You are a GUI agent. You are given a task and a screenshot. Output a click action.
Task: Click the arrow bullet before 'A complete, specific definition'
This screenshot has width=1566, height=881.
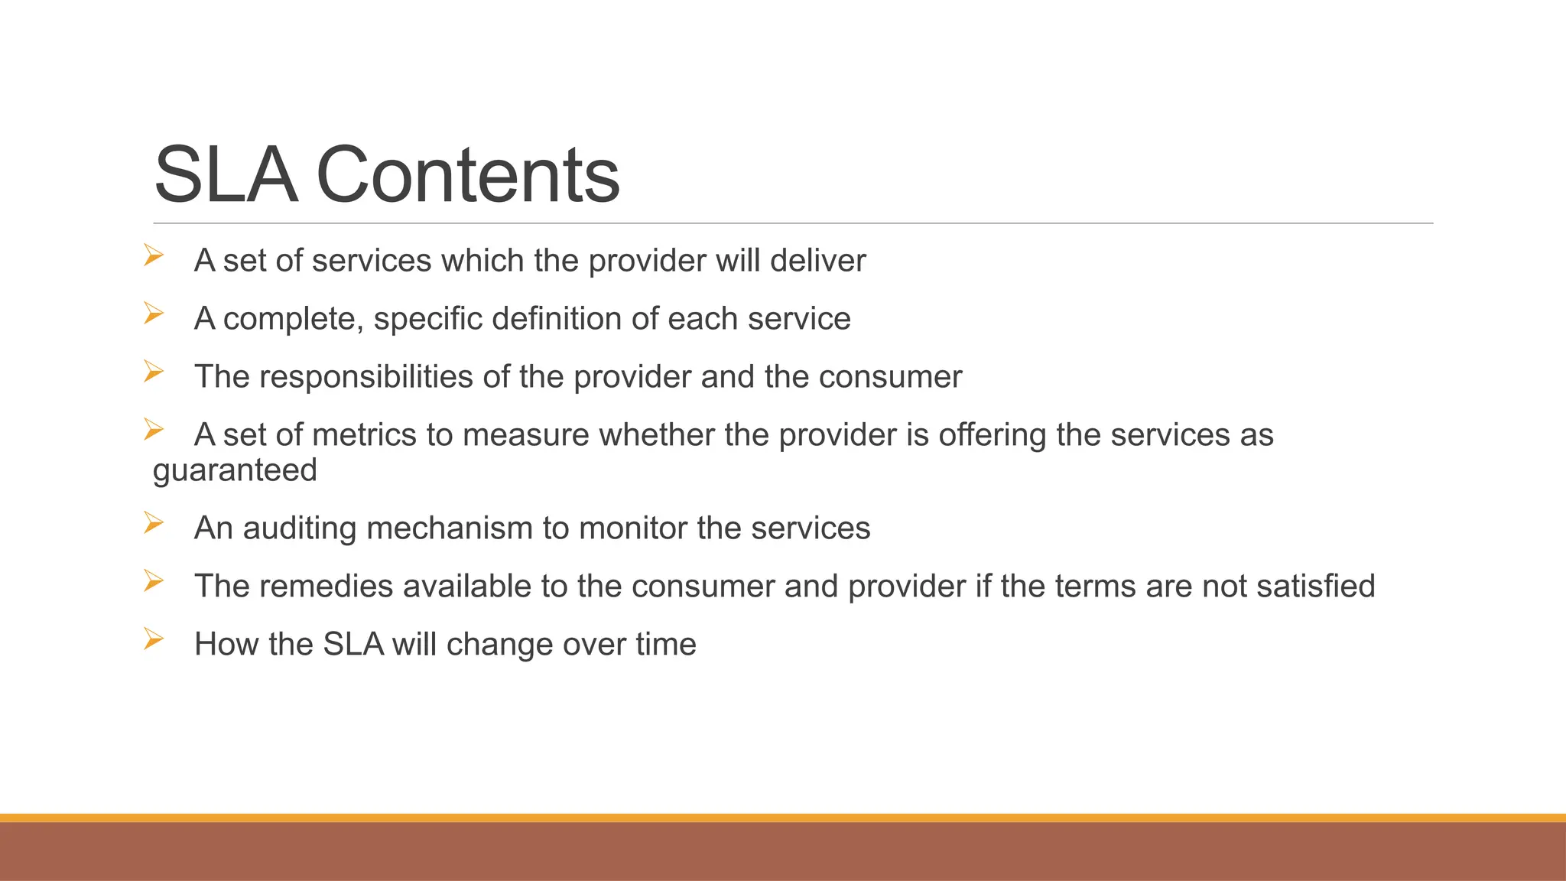point(154,314)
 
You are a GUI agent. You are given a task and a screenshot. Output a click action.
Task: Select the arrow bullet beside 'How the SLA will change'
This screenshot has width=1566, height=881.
point(154,639)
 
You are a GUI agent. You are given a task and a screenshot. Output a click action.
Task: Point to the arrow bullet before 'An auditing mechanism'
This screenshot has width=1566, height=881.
point(154,523)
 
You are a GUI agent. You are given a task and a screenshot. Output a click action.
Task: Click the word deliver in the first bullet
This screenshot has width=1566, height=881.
point(817,261)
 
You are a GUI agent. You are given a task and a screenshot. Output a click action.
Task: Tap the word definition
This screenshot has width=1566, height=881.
point(561,319)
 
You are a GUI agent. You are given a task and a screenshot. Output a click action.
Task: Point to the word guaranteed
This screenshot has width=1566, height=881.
point(235,470)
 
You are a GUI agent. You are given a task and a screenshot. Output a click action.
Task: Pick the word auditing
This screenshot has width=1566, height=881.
point(299,528)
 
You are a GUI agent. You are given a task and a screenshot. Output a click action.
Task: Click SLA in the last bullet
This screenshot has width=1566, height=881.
point(353,645)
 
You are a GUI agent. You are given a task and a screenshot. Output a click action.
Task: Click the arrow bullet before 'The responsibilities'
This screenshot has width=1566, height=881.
point(154,372)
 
